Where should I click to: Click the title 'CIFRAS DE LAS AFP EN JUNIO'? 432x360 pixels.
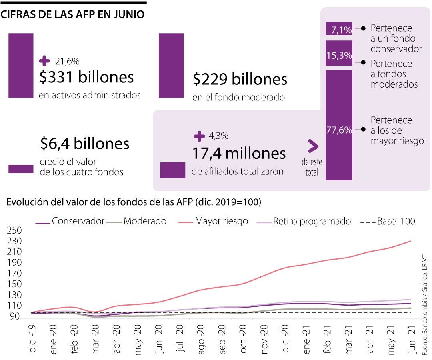72,14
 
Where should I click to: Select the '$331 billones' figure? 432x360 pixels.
86,77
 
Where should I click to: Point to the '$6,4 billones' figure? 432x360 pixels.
85,143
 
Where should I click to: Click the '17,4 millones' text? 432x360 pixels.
239,154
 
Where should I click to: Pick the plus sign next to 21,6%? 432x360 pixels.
44,61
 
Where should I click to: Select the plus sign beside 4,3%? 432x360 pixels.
199,136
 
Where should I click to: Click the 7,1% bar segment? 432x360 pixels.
339,29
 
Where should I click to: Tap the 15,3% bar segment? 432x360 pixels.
339,56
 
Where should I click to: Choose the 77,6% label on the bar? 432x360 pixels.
339,130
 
